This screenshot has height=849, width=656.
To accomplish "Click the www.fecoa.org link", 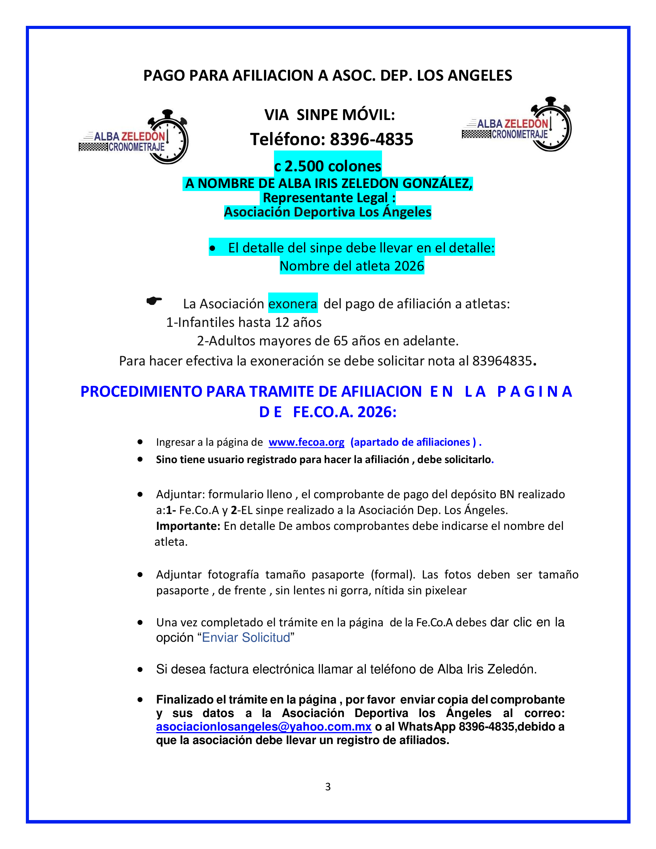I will coord(306,442).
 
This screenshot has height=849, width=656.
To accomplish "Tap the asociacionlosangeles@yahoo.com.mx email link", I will coord(264,727).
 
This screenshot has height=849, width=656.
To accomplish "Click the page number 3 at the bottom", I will coord(328,787).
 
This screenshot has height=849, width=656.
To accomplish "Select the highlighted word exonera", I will coord(292,304).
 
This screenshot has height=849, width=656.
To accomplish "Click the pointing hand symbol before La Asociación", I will coord(154,301).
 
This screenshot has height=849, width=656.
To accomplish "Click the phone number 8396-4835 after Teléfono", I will coord(372,139).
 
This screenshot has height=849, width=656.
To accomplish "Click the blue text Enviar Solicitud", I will coord(246,638).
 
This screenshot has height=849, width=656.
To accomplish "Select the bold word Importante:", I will coord(188,526).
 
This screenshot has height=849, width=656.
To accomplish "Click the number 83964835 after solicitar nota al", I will coord(502,361).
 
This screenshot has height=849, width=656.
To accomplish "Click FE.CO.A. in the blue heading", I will coord(323,412).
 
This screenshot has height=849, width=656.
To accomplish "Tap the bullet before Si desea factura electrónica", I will coord(140,670).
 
